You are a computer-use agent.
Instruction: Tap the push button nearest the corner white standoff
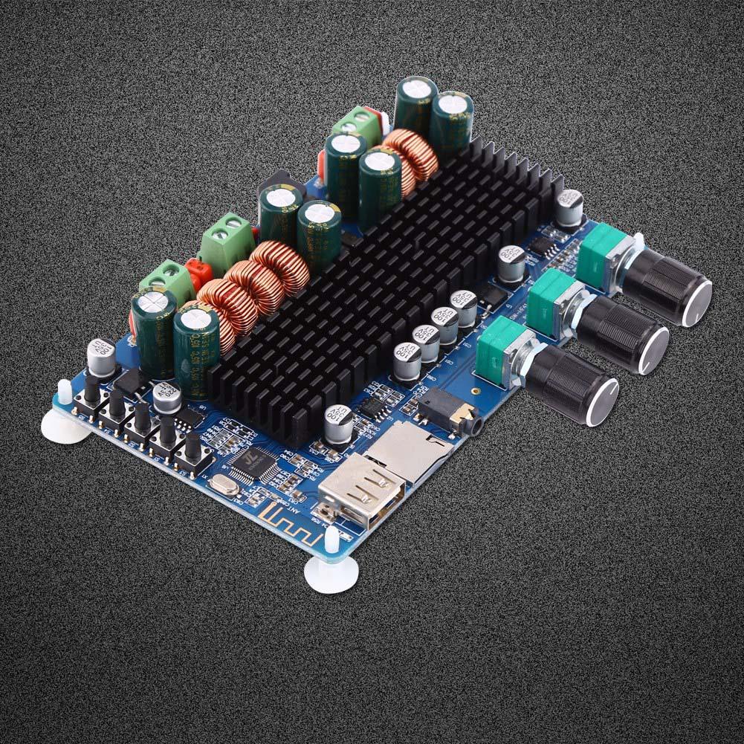[92, 393]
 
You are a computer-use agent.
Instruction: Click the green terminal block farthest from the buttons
[355, 124]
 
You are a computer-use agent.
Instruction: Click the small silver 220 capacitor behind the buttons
[167, 398]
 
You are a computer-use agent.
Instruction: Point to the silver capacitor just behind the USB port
[339, 423]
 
